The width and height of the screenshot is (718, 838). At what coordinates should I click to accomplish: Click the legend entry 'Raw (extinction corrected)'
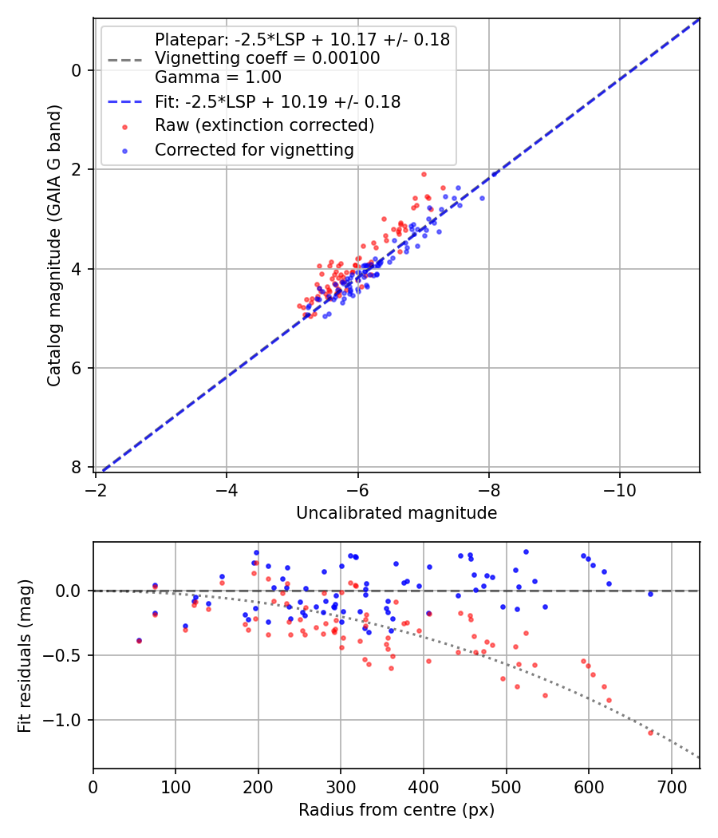[264, 125]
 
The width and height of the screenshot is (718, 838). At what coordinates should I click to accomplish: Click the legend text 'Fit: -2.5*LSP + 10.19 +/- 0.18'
[277, 102]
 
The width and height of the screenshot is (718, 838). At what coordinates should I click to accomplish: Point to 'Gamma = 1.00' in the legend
[218, 77]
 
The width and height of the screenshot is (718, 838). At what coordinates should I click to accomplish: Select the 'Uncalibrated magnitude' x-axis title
[396, 513]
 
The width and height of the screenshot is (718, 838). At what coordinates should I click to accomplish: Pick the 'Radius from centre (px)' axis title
[396, 810]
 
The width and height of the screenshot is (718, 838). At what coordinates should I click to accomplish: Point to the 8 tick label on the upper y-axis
[77, 467]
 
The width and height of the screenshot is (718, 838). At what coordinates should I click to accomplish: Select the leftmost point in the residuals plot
[139, 640]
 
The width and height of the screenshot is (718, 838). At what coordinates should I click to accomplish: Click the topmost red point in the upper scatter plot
[424, 174]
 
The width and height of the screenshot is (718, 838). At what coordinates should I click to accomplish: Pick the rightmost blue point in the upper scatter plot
[482, 198]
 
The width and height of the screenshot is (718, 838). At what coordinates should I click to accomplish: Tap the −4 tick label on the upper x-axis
[227, 489]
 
